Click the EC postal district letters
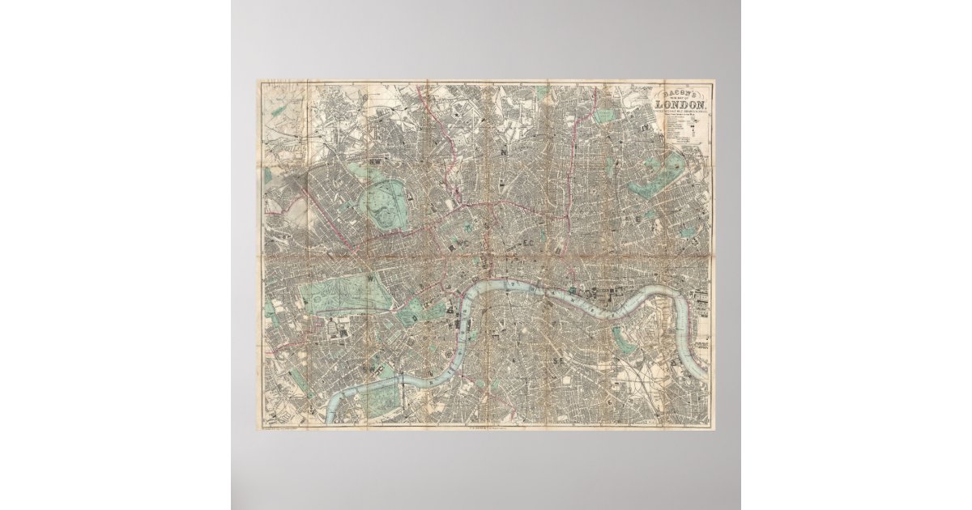[529, 242]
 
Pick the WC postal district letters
[465, 243]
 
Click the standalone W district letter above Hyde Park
[370, 279]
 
